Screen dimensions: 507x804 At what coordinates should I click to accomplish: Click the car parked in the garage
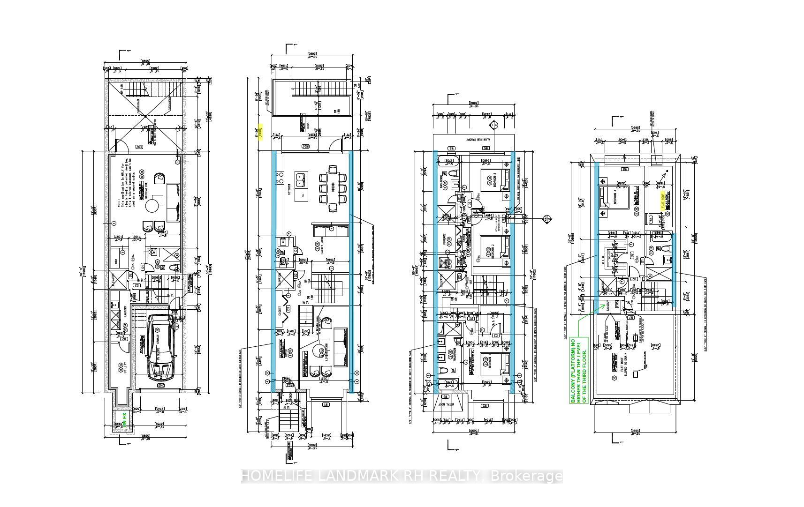(160, 347)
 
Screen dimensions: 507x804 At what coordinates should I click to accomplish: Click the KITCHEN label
(289, 189)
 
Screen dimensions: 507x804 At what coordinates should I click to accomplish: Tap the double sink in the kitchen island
(300, 178)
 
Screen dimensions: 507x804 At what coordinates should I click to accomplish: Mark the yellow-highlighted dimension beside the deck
(260, 132)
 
